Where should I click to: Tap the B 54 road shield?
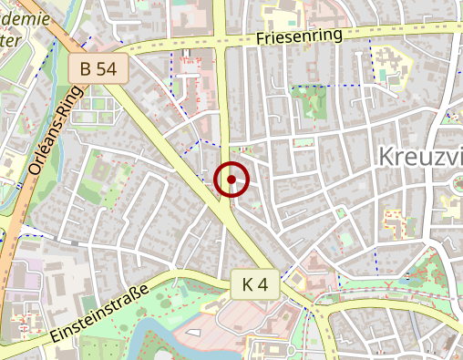pyautogui.click(x=98, y=67)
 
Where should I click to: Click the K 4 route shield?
pyautogui.click(x=254, y=284)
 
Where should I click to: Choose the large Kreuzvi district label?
pyautogui.click(x=418, y=157)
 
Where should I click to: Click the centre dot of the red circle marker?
pyautogui.click(x=231, y=180)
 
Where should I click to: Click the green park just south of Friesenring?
pyautogui.click(x=309, y=101)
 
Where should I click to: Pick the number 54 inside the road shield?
pyautogui.click(x=107, y=67)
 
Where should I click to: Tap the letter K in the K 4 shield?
pyautogui.click(x=247, y=284)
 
